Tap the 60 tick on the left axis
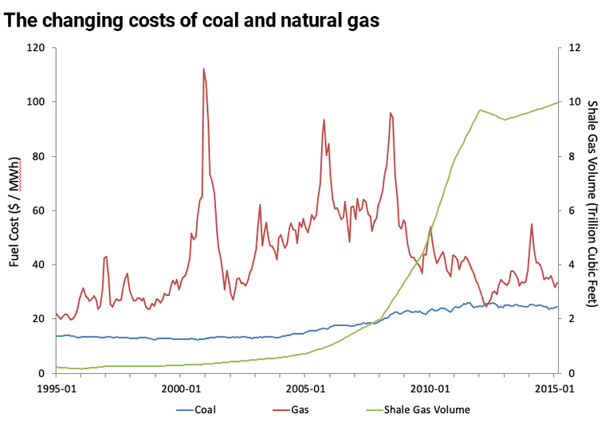[x=37, y=210]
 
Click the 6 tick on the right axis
[x=569, y=210]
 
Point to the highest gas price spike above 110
[x=203, y=69]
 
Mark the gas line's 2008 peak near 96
[x=390, y=113]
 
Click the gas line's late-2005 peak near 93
[x=324, y=120]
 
